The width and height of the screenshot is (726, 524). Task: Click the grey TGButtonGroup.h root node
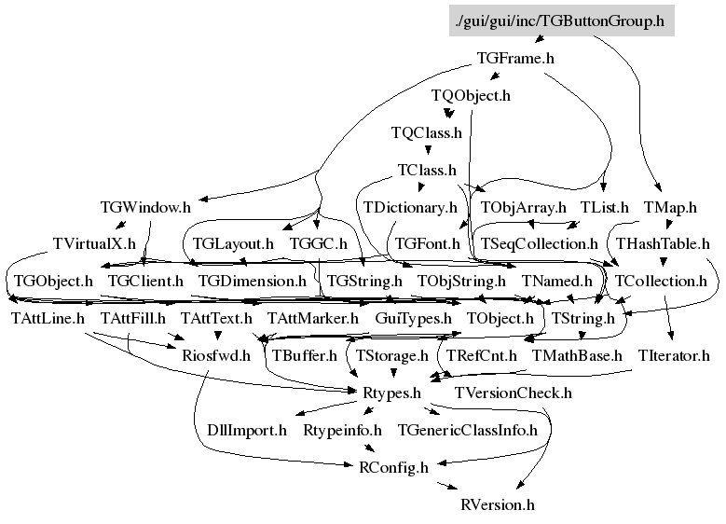pyautogui.click(x=561, y=21)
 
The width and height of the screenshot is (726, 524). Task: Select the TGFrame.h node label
pyautogui.click(x=515, y=59)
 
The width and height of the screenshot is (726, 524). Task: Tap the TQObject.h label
pyautogui.click(x=471, y=95)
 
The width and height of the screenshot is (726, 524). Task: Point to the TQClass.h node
pyautogui.click(x=427, y=133)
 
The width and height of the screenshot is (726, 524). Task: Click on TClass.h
pyautogui.click(x=427, y=170)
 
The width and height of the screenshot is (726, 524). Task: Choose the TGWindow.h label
pyautogui.click(x=145, y=207)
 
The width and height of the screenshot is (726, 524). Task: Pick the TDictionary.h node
pyautogui.click(x=410, y=207)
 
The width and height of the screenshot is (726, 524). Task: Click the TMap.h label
pyautogui.click(x=670, y=207)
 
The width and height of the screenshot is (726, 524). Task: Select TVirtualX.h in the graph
pyautogui.click(x=94, y=243)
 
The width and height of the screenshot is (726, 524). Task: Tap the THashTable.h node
pyautogui.click(x=663, y=243)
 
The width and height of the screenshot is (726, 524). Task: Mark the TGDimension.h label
pyautogui.click(x=253, y=282)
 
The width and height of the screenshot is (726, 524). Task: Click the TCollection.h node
pyautogui.click(x=661, y=282)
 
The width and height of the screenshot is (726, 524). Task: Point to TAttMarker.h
pyautogui.click(x=312, y=318)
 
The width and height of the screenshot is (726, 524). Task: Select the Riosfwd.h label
pyautogui.click(x=216, y=355)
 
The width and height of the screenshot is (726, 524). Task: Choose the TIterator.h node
pyautogui.click(x=674, y=355)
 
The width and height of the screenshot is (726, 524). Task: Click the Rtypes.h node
pyautogui.click(x=391, y=393)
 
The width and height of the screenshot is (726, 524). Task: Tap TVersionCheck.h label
pyautogui.click(x=513, y=393)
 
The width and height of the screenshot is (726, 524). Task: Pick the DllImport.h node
pyautogui.click(x=247, y=430)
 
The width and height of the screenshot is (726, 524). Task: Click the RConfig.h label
pyautogui.click(x=393, y=467)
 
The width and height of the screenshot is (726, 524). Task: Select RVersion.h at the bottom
pyautogui.click(x=498, y=504)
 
